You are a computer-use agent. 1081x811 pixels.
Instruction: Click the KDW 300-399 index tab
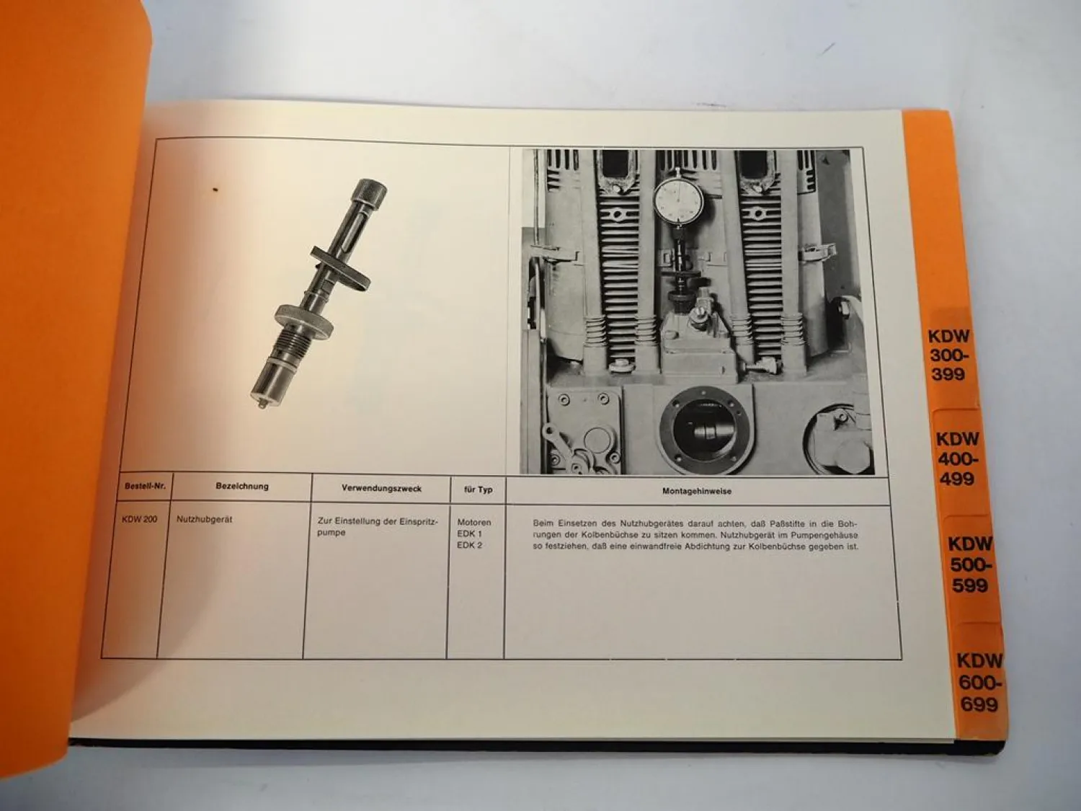(949, 355)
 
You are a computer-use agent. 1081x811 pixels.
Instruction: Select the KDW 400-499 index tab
(957, 458)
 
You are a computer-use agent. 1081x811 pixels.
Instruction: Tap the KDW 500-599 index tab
(969, 564)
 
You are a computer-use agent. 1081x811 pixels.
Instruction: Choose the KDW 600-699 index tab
(979, 681)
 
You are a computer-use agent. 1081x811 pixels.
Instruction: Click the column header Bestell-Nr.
(145, 487)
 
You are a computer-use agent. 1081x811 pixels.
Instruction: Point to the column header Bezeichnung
(242, 487)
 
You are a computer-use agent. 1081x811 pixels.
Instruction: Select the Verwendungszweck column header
(381, 489)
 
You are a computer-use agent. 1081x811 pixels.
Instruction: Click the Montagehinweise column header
(696, 492)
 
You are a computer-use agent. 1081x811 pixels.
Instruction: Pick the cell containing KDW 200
(140, 519)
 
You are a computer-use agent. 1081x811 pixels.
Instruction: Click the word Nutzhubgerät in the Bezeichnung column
(204, 519)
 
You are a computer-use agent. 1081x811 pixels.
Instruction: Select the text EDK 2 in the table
(469, 545)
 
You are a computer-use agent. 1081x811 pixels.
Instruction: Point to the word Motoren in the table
(473, 522)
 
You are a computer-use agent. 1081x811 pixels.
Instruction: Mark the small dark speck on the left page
(215, 190)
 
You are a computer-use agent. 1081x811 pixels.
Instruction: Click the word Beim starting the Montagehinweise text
(544, 523)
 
